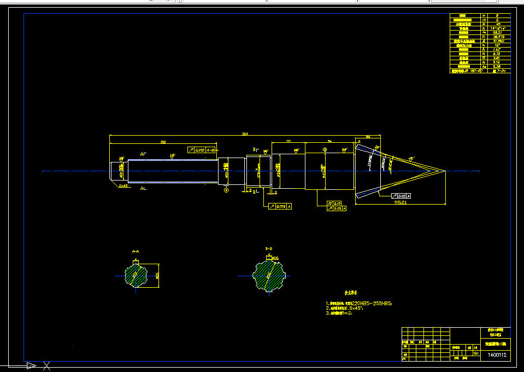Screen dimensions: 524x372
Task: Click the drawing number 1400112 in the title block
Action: pyautogui.click(x=497, y=356)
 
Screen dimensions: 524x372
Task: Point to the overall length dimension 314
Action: pyautogui.click(x=245, y=133)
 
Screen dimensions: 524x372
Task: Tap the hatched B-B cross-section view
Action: pyautogui.click(x=269, y=275)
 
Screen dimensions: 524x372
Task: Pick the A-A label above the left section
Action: pyautogui.click(x=136, y=251)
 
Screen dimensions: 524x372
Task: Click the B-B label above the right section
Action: pyautogui.click(x=269, y=249)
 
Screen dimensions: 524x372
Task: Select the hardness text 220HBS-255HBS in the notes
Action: pyautogui.click(x=369, y=303)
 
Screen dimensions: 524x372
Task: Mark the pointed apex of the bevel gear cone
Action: pyautogui.click(x=445, y=171)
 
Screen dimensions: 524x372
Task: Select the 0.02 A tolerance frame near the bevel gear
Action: pyautogui.click(x=401, y=195)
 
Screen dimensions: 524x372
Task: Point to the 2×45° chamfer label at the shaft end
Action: pyautogui.click(x=123, y=186)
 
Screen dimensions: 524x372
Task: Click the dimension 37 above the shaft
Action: pyautogui.click(x=288, y=141)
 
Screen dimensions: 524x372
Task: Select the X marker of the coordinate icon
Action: pyautogui.click(x=47, y=365)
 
